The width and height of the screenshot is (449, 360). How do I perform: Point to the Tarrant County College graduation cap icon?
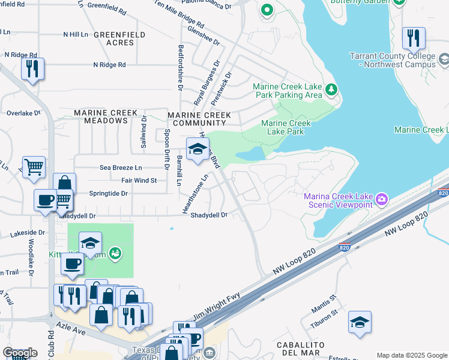click(444, 60)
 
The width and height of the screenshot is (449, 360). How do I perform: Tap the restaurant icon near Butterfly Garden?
click(413, 38)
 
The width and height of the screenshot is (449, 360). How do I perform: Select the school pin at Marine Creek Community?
click(196, 150)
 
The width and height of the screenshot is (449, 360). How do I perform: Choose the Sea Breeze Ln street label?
click(121, 167)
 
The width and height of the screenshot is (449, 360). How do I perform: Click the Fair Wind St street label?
click(138, 180)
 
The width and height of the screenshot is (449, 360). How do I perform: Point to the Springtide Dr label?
click(109, 193)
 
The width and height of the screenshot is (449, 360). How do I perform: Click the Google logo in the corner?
click(20, 353)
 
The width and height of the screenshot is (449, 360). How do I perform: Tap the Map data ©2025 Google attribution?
click(411, 355)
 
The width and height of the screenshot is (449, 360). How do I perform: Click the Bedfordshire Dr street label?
click(179, 67)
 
